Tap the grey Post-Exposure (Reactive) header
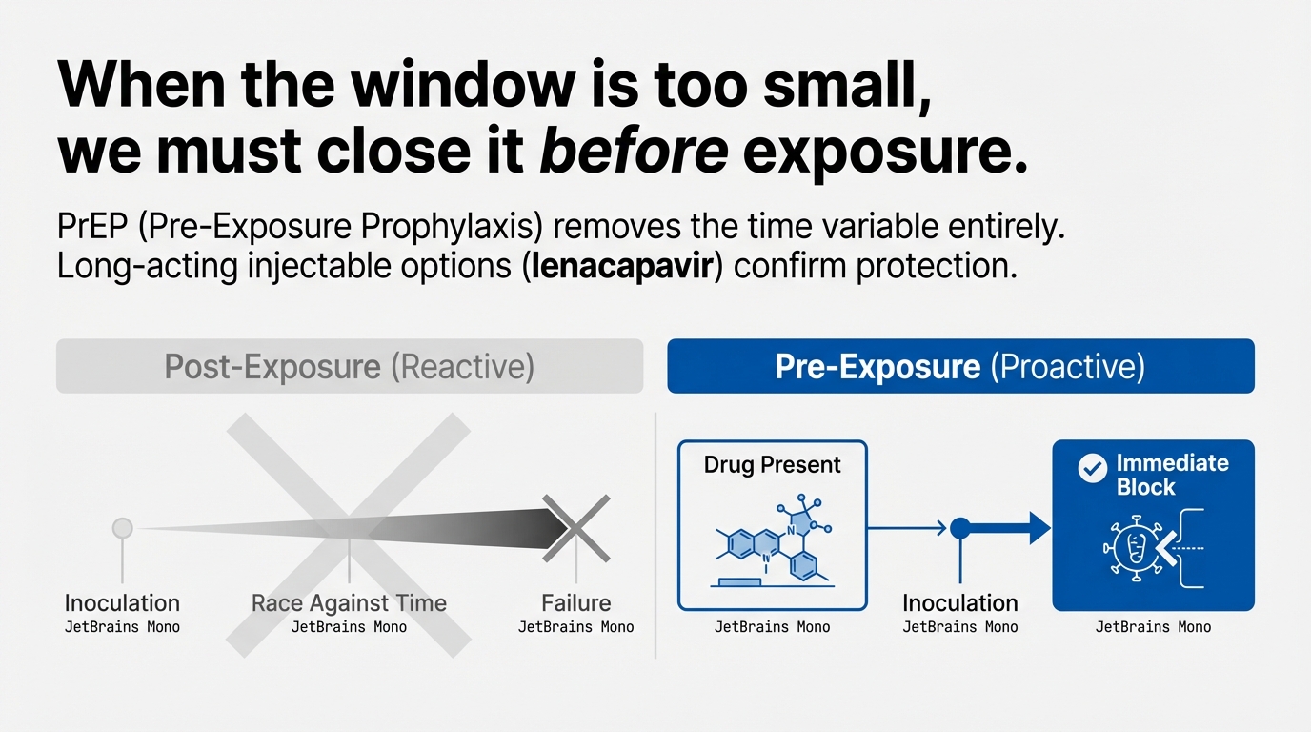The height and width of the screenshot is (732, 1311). coord(350,367)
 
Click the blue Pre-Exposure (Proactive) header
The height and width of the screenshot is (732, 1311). coord(960,367)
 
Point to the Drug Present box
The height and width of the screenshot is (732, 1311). coord(772,524)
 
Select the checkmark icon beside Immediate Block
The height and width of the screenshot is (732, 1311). coord(1091,468)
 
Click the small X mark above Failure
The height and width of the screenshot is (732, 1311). coord(575,527)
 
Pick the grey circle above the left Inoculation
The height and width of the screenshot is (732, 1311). coord(122,527)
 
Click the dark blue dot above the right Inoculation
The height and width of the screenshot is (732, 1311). coord(960,527)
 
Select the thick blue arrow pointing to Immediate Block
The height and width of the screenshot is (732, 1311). coord(1010,527)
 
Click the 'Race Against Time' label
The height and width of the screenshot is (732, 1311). coord(349,603)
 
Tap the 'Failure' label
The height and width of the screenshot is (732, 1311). coord(575,603)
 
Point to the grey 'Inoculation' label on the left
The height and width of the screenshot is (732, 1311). coord(122,603)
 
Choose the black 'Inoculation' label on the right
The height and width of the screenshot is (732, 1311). coord(960,603)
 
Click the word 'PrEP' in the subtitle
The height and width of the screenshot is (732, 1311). coord(89,230)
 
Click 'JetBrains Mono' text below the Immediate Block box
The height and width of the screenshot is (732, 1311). coord(1153,627)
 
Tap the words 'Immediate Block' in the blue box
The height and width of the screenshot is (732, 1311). coord(1172,475)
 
